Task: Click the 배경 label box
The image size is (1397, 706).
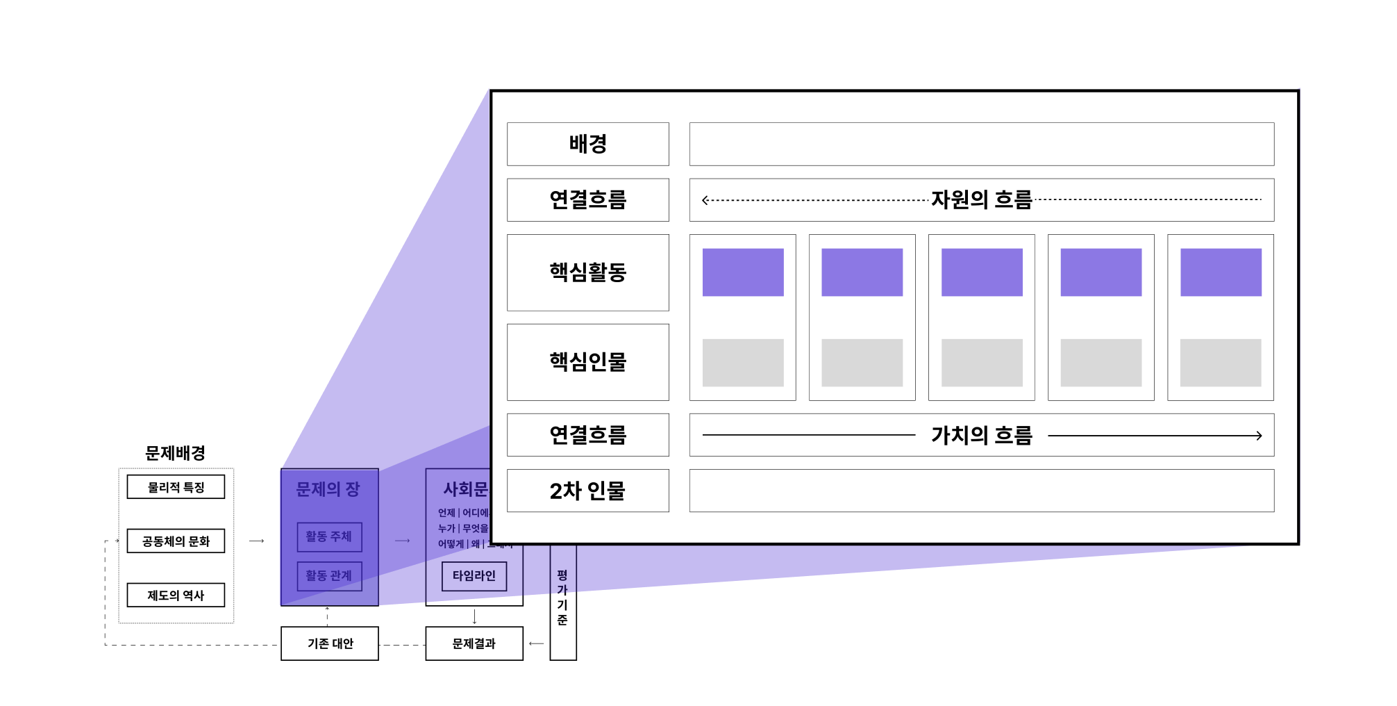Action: pyautogui.click(x=587, y=144)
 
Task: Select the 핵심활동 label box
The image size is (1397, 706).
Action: pyautogui.click(x=587, y=272)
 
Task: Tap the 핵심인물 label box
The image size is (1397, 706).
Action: pyautogui.click(x=587, y=362)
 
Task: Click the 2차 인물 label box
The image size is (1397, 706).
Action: pyautogui.click(x=587, y=491)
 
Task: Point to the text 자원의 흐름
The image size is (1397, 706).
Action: pyautogui.click(x=981, y=200)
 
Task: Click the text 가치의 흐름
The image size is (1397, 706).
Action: pyautogui.click(x=981, y=436)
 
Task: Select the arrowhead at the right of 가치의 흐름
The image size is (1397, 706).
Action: pyautogui.click(x=1258, y=436)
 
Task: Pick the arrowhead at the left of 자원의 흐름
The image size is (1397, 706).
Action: pyautogui.click(x=705, y=200)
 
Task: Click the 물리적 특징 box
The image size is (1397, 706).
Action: pyautogui.click(x=176, y=487)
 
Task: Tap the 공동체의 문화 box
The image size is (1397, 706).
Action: pyautogui.click(x=176, y=541)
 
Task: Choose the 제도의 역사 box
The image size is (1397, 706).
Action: pyautogui.click(x=176, y=595)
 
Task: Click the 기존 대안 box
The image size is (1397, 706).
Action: pyautogui.click(x=330, y=643)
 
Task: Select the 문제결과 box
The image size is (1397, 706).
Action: pyautogui.click(x=474, y=643)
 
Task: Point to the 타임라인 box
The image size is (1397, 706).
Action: pyautogui.click(x=474, y=576)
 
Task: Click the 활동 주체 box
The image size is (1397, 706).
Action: pyautogui.click(x=329, y=536)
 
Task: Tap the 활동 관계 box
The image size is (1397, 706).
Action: pyautogui.click(x=329, y=576)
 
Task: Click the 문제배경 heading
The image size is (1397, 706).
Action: pyautogui.click(x=175, y=453)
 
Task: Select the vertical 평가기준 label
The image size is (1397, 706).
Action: pyautogui.click(x=562, y=598)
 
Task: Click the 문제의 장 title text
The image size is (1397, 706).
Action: pyautogui.click(x=328, y=489)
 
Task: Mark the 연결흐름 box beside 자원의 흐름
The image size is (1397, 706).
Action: pyautogui.click(x=587, y=200)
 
